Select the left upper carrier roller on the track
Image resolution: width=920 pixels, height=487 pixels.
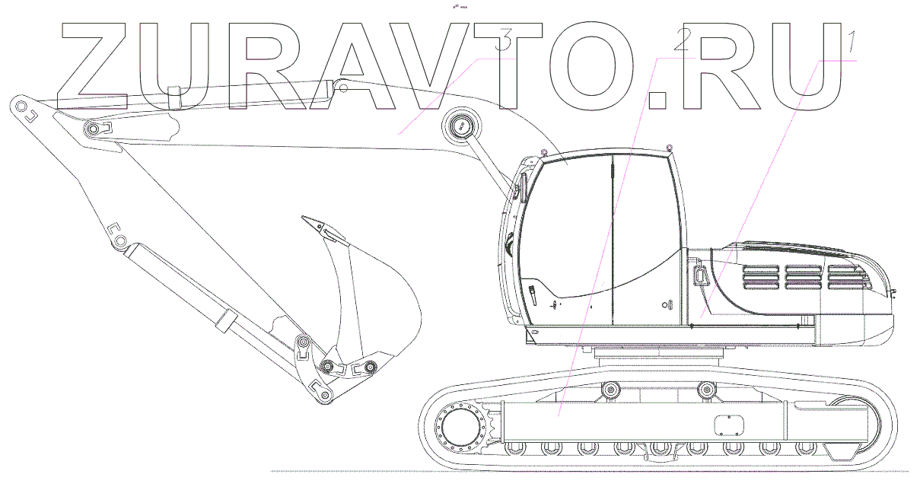pos(609,390)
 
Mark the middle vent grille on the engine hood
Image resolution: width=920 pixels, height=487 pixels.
pos(804,277)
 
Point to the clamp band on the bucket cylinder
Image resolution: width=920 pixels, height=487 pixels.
pos(224,320)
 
